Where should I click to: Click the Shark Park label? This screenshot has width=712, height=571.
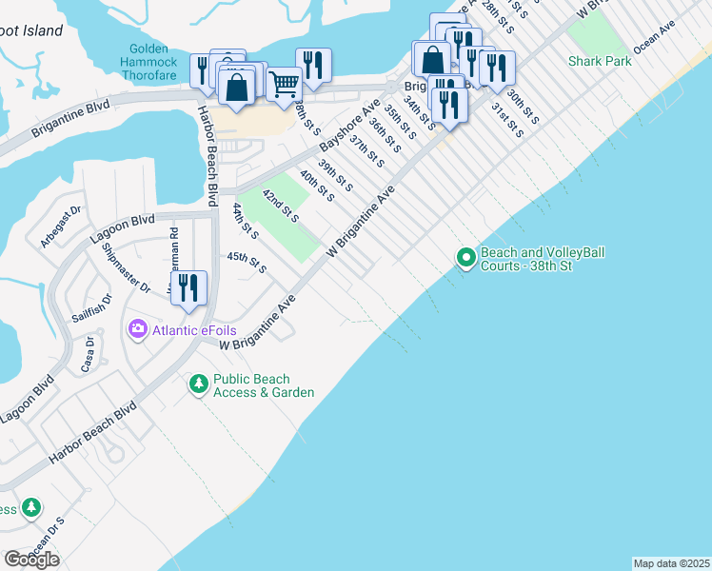pyautogui.click(x=600, y=61)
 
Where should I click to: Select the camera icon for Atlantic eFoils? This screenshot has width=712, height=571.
pyautogui.click(x=137, y=329)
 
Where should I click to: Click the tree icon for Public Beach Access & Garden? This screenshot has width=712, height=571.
pyautogui.click(x=198, y=384)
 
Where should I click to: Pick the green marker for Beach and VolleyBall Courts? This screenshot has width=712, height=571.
pyautogui.click(x=465, y=258)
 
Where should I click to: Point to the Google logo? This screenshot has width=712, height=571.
pyautogui.click(x=30, y=559)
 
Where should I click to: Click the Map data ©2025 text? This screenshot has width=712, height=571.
pyautogui.click(x=671, y=563)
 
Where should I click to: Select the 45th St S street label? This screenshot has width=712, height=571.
pyautogui.click(x=246, y=262)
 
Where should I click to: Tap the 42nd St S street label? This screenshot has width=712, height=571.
pyautogui.click(x=281, y=206)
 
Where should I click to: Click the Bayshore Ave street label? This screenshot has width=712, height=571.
pyautogui.click(x=349, y=124)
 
